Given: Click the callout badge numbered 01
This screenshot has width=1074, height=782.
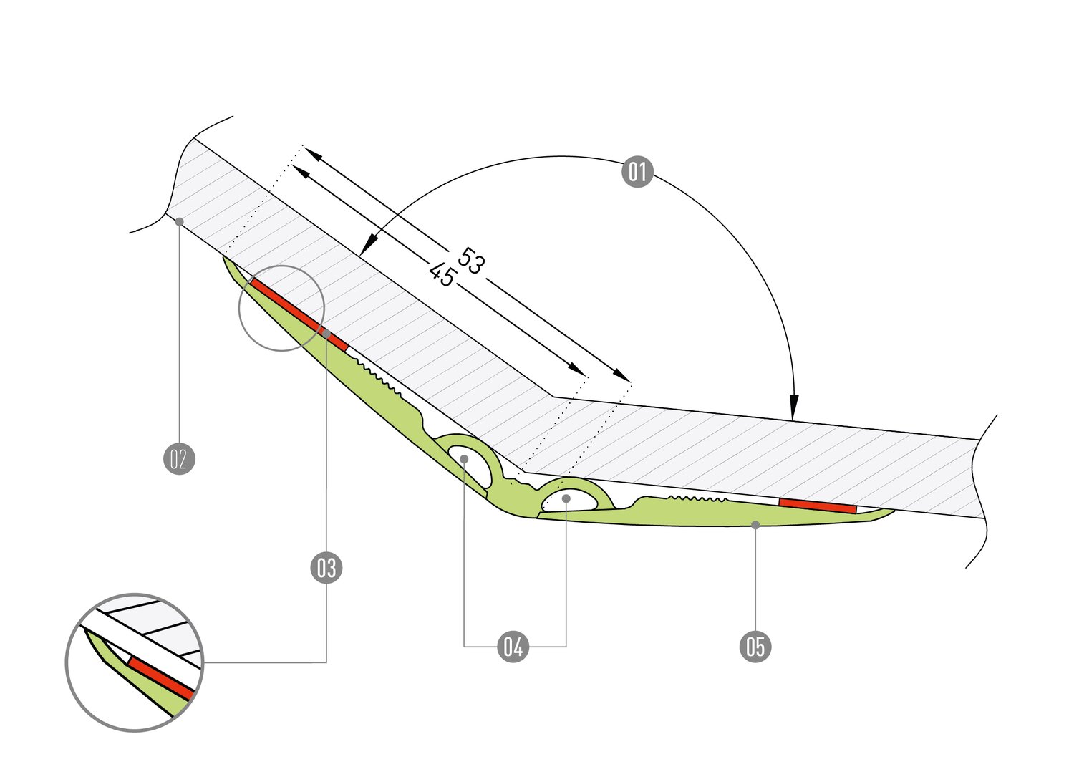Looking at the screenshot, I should pos(637,172).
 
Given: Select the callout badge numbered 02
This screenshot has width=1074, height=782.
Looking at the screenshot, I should pos(179,458).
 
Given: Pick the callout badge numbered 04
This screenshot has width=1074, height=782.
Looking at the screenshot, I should pos(513,647).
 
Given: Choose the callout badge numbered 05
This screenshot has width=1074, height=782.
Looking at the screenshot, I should pos(755,647).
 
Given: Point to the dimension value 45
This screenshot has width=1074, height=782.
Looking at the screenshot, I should pos(442,274).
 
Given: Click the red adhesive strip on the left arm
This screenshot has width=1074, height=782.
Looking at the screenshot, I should pos(299,314).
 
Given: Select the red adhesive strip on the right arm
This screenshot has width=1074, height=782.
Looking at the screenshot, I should pos(818,506).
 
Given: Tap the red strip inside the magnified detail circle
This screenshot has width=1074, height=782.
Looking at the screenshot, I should pos(161,677).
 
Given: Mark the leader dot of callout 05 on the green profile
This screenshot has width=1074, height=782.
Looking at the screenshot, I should pos(755,525).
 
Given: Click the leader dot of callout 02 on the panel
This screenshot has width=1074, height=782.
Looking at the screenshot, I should pos(179,221).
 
